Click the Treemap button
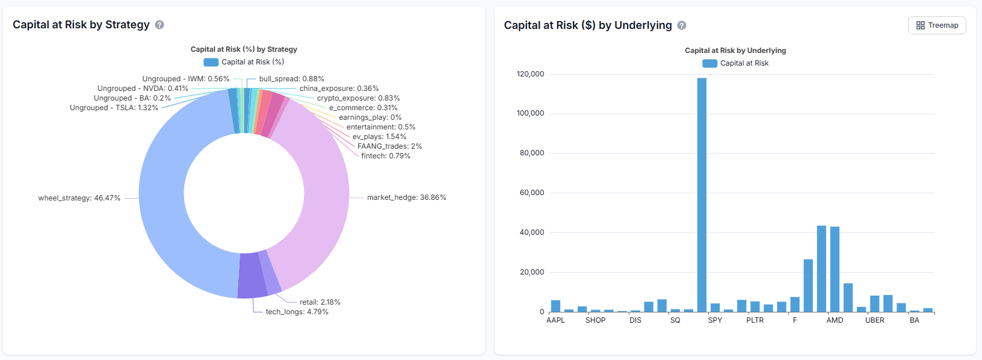click(937, 25)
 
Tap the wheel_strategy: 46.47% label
click(79, 198)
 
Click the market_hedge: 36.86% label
click(406, 197)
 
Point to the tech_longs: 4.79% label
click(297, 312)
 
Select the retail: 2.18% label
click(320, 302)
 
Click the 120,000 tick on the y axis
click(530, 74)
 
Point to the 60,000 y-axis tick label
click(532, 193)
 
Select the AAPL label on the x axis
click(555, 320)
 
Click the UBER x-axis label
click(874, 320)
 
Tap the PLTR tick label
click(755, 320)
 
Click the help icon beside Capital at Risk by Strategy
click(159, 25)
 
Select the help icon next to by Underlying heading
click(682, 25)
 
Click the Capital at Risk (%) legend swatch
click(211, 62)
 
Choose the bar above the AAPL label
click(555, 306)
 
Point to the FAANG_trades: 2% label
click(389, 146)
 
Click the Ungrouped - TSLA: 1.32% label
click(114, 108)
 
